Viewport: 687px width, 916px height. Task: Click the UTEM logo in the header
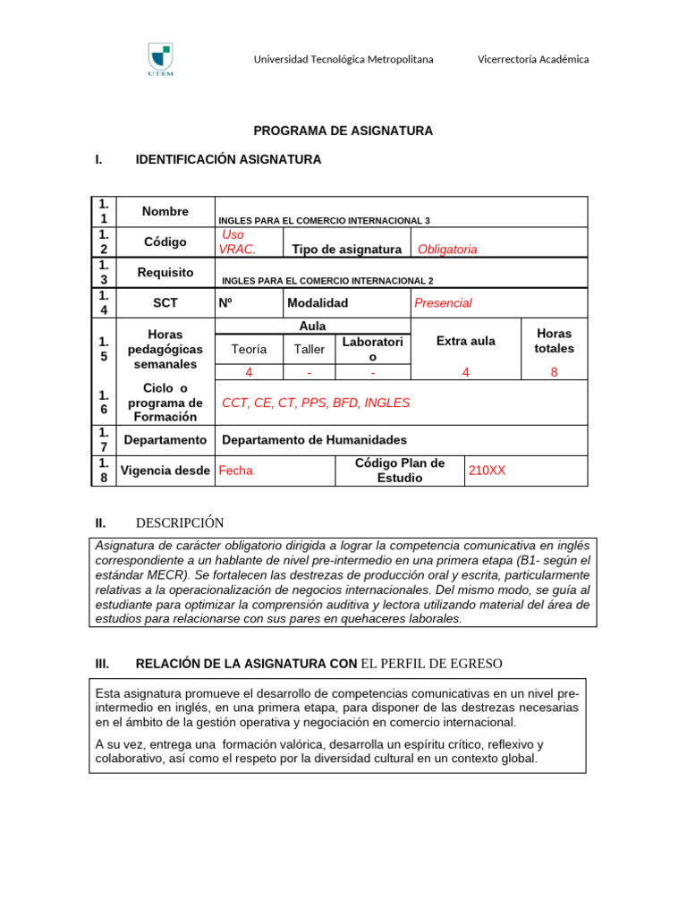(x=160, y=60)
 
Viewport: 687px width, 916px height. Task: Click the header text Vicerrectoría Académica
(x=533, y=59)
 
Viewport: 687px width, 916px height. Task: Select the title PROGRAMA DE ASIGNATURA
(x=343, y=131)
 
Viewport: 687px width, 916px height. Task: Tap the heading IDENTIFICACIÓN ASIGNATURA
(x=227, y=160)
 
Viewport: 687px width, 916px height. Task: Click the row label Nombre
(x=165, y=212)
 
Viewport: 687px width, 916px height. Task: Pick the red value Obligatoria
(x=447, y=250)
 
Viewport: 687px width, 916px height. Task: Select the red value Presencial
(x=443, y=303)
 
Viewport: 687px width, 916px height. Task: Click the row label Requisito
(x=165, y=273)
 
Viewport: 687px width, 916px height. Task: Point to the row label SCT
(x=165, y=303)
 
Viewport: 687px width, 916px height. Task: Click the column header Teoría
(x=249, y=349)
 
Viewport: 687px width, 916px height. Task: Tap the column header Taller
(x=310, y=349)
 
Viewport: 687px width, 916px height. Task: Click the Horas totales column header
(x=554, y=341)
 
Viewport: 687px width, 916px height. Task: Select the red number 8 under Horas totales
(x=554, y=372)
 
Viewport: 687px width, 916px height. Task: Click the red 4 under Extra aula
(x=465, y=372)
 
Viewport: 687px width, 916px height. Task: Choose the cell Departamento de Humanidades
(x=314, y=440)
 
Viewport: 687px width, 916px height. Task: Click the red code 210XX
(x=487, y=471)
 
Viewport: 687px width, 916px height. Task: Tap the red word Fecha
(x=236, y=471)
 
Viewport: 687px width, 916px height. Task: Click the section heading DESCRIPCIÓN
(x=179, y=523)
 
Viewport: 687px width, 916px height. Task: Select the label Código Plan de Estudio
(x=400, y=471)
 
